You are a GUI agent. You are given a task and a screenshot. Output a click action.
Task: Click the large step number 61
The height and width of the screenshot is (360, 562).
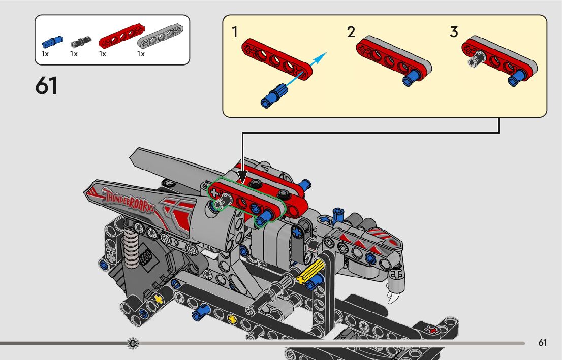pos(46,86)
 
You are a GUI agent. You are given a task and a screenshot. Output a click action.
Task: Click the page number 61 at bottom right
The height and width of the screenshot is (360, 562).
pos(542,343)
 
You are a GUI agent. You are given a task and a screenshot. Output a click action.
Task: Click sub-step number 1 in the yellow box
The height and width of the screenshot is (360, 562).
pos(235,32)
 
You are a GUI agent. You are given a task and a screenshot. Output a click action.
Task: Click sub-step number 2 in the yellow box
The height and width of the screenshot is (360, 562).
pos(351,32)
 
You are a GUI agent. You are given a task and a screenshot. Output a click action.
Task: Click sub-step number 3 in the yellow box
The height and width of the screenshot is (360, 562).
pos(454,32)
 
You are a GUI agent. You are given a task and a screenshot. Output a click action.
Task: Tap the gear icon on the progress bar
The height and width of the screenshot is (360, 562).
pos(133,343)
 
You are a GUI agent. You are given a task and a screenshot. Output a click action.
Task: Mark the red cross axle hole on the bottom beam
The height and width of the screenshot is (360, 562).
pos(433,330)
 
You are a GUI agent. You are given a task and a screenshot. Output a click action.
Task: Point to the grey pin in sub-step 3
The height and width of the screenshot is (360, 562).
pos(476,62)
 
